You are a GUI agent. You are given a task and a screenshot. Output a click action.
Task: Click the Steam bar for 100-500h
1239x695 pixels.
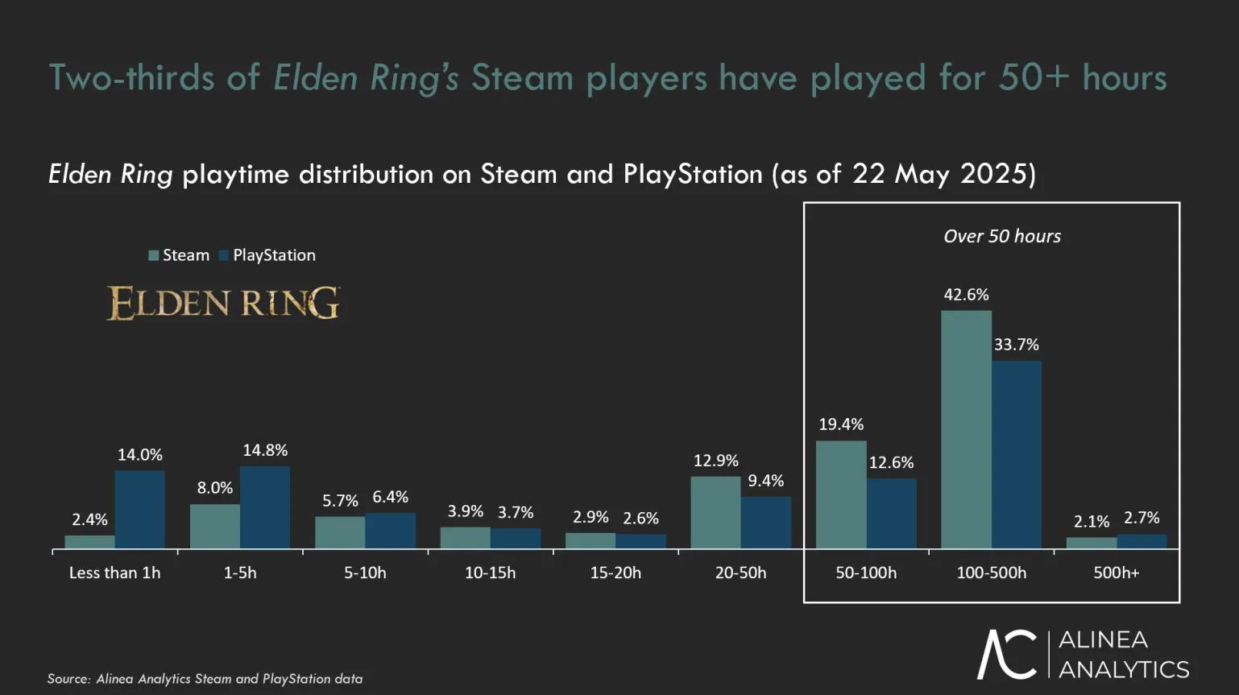click(x=966, y=429)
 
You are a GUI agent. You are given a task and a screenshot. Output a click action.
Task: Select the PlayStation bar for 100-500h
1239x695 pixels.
click(x=1016, y=455)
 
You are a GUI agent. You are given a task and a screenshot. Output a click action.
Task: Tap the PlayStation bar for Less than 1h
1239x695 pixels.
click(x=139, y=510)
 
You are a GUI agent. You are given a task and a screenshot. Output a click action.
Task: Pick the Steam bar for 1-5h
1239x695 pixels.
click(x=215, y=527)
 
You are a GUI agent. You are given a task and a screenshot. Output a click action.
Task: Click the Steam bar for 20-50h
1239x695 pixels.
click(x=715, y=513)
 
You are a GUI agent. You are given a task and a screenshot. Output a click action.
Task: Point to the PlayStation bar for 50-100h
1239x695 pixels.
click(x=891, y=514)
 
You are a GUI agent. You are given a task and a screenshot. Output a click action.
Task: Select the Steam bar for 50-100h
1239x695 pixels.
click(x=841, y=494)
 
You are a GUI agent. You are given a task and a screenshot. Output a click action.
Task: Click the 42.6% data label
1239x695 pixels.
click(x=966, y=295)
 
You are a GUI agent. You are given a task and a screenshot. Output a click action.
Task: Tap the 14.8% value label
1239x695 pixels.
click(x=265, y=450)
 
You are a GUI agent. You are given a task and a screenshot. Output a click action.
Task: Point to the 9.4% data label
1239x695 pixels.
click(x=765, y=481)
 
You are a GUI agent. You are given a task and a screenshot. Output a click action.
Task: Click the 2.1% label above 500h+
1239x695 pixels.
click(x=1092, y=522)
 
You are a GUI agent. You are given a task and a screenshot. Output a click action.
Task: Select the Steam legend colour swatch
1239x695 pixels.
click(x=153, y=255)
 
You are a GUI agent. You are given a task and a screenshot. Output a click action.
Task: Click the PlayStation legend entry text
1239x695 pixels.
click(x=274, y=255)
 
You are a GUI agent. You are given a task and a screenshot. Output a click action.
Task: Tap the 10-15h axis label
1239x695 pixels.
click(x=490, y=573)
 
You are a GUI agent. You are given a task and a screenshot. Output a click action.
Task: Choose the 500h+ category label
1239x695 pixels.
click(x=1116, y=573)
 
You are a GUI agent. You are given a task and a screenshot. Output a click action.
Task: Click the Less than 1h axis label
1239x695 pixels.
click(x=114, y=573)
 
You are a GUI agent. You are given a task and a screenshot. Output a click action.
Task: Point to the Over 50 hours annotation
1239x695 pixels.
click(x=1002, y=236)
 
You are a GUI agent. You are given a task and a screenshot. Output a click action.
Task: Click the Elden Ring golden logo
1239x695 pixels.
click(x=223, y=303)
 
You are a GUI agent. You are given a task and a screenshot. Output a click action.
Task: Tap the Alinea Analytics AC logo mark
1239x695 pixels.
click(x=1007, y=654)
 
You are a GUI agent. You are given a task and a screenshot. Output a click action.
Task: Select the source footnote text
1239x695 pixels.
click(x=205, y=679)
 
